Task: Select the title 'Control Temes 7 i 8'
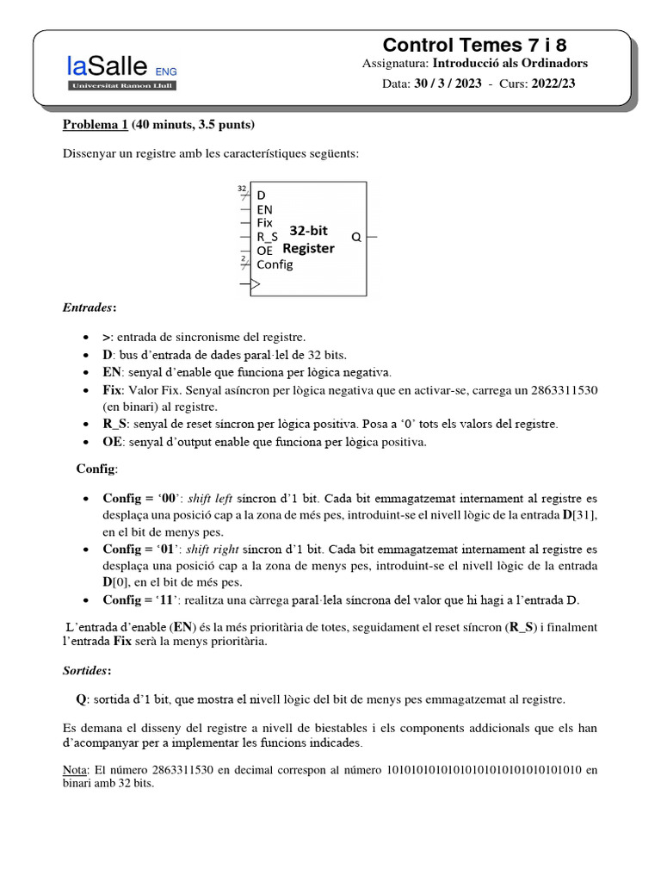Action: tap(474, 45)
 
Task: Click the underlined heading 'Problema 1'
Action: tap(95, 125)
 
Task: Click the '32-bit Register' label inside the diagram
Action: tap(309, 239)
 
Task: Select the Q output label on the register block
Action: tap(355, 236)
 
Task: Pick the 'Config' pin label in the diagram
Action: tap(275, 264)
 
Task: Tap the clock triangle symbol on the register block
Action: tap(255, 283)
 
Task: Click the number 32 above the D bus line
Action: tap(241, 187)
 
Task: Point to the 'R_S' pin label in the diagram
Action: tap(267, 236)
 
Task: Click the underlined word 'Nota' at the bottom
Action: tap(75, 768)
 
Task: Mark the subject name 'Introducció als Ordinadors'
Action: tap(510, 64)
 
